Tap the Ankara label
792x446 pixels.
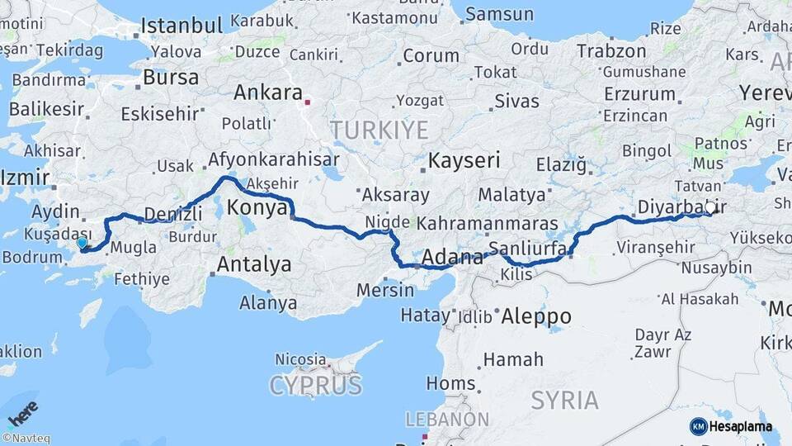(268, 93)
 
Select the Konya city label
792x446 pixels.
(257, 206)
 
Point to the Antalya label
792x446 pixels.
(254, 265)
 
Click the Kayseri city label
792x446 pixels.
(464, 160)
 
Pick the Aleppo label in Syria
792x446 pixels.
(536, 316)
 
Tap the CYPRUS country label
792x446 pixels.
(315, 386)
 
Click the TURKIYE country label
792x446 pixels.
(379, 130)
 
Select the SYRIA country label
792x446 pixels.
(565, 401)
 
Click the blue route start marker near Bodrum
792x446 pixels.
(82, 243)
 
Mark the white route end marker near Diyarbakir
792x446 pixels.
(710, 208)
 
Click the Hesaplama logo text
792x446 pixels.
(743, 426)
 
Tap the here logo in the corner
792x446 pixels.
(23, 412)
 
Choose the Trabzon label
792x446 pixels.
(611, 51)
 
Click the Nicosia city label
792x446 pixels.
(300, 360)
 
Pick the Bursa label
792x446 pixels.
(171, 78)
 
